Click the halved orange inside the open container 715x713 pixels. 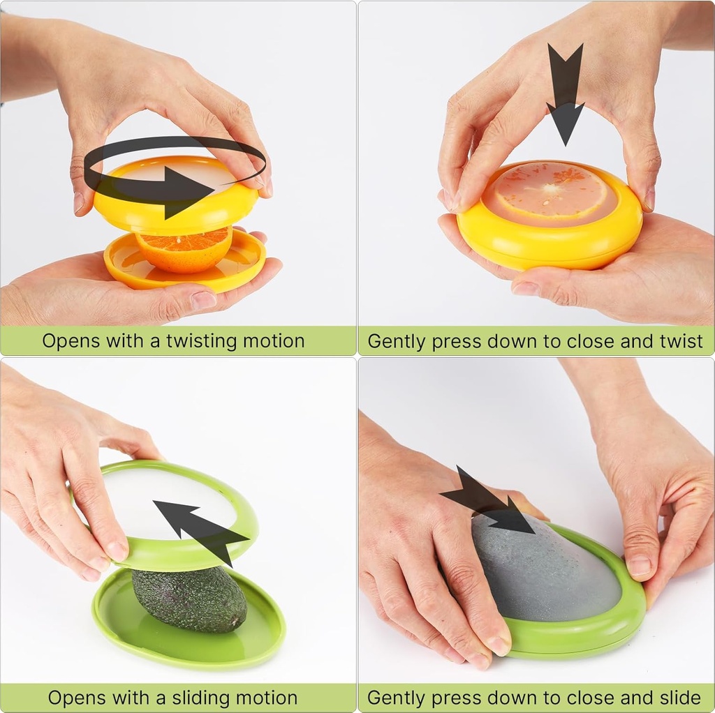183,251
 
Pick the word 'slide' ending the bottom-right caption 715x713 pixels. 677,698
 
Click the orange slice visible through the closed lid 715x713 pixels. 552,191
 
